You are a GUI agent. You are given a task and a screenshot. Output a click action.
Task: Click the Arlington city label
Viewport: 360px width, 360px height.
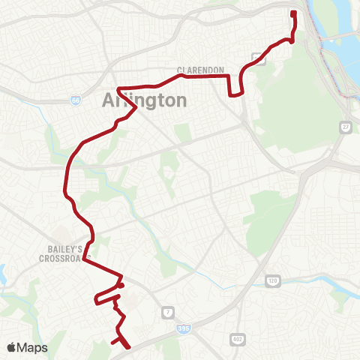[143, 100]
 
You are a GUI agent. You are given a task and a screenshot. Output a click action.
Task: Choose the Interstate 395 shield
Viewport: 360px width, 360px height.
[184, 328]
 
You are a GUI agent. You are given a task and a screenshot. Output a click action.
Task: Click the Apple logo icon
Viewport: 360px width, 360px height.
[13, 347]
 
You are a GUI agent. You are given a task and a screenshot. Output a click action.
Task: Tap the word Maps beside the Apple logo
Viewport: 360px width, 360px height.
[34, 347]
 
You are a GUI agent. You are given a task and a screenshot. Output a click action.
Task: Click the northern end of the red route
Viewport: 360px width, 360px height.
[293, 13]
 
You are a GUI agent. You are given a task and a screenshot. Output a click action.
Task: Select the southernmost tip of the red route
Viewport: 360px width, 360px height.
[128, 347]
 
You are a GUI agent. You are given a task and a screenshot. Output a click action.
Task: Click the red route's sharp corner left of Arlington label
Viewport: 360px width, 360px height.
[118, 88]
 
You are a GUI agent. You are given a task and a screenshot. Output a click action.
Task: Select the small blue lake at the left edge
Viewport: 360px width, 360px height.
[3, 274]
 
